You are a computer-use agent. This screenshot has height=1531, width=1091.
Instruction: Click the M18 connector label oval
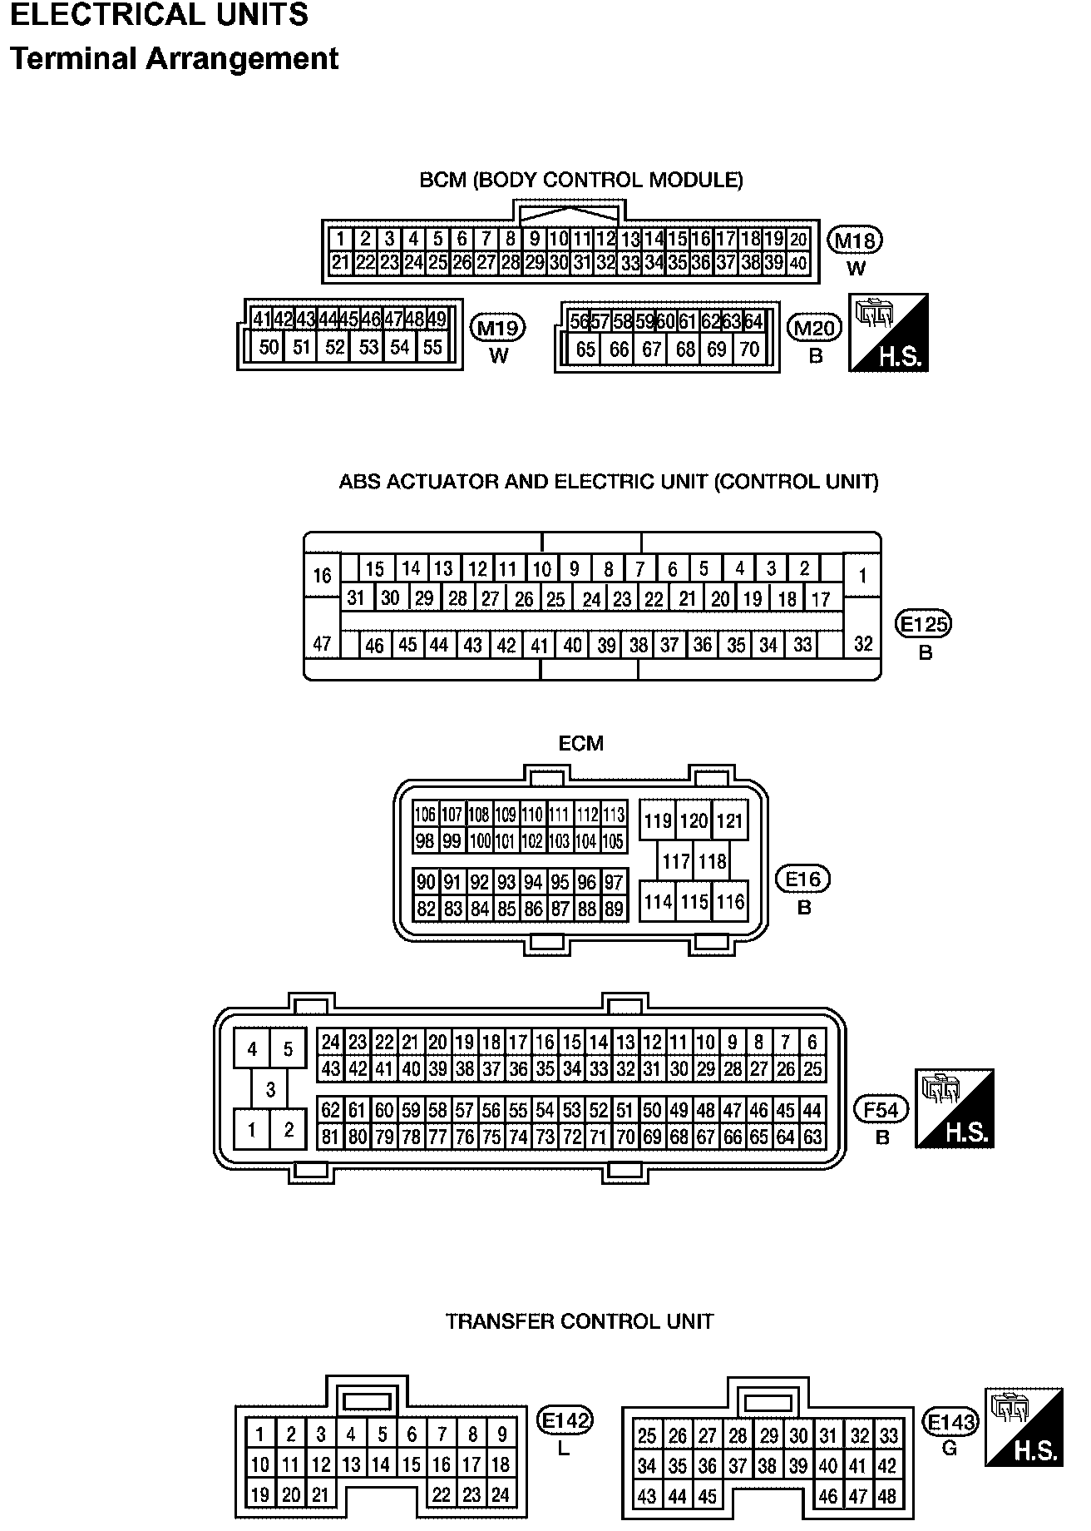pyautogui.click(x=855, y=240)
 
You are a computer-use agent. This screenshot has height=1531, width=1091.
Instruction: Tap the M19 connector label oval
pyautogui.click(x=498, y=328)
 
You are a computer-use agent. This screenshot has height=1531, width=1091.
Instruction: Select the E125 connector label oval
pyautogui.click(x=923, y=623)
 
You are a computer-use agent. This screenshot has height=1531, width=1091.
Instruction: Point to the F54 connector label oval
pyautogui.click(x=881, y=1109)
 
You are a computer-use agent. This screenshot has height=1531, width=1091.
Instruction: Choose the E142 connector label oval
pyautogui.click(x=565, y=1421)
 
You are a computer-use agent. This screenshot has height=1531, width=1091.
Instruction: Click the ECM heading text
pyautogui.click(x=580, y=743)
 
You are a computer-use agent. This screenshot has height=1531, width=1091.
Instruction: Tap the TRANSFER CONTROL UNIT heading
pyautogui.click(x=580, y=1321)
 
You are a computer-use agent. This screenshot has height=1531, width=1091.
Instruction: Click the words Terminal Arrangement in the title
pyautogui.click(x=175, y=59)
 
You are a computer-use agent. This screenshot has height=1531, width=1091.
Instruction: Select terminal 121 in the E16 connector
pyautogui.click(x=729, y=821)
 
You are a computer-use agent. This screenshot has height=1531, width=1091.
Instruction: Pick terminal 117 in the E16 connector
pyautogui.click(x=676, y=861)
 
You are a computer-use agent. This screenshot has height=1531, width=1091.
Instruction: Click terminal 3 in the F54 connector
pyautogui.click(x=270, y=1089)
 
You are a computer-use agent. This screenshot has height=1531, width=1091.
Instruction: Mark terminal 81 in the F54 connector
pyautogui.click(x=331, y=1137)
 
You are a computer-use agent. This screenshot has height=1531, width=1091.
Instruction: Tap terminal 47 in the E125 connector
pyautogui.click(x=322, y=643)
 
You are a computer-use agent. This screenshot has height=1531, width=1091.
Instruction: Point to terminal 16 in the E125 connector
pyautogui.click(x=322, y=576)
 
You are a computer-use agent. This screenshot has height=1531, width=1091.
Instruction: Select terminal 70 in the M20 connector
pyautogui.click(x=749, y=349)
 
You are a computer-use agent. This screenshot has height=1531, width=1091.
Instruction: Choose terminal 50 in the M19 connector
pyautogui.click(x=269, y=347)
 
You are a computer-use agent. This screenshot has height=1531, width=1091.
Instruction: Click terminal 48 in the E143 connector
pyautogui.click(x=887, y=1496)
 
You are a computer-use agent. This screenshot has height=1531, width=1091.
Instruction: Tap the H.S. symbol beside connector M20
pyautogui.click(x=888, y=333)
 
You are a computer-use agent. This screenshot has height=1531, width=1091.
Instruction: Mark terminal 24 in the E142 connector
pyautogui.click(x=501, y=1494)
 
